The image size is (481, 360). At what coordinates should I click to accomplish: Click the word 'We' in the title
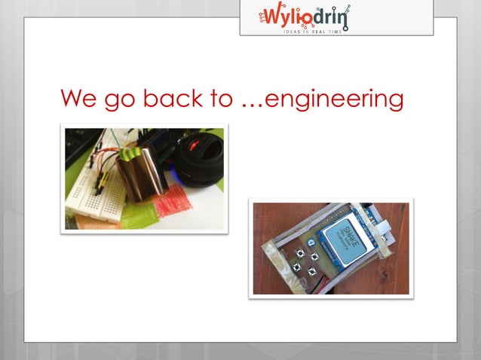tap(78, 99)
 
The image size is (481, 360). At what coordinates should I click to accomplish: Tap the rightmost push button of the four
tap(314, 258)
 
